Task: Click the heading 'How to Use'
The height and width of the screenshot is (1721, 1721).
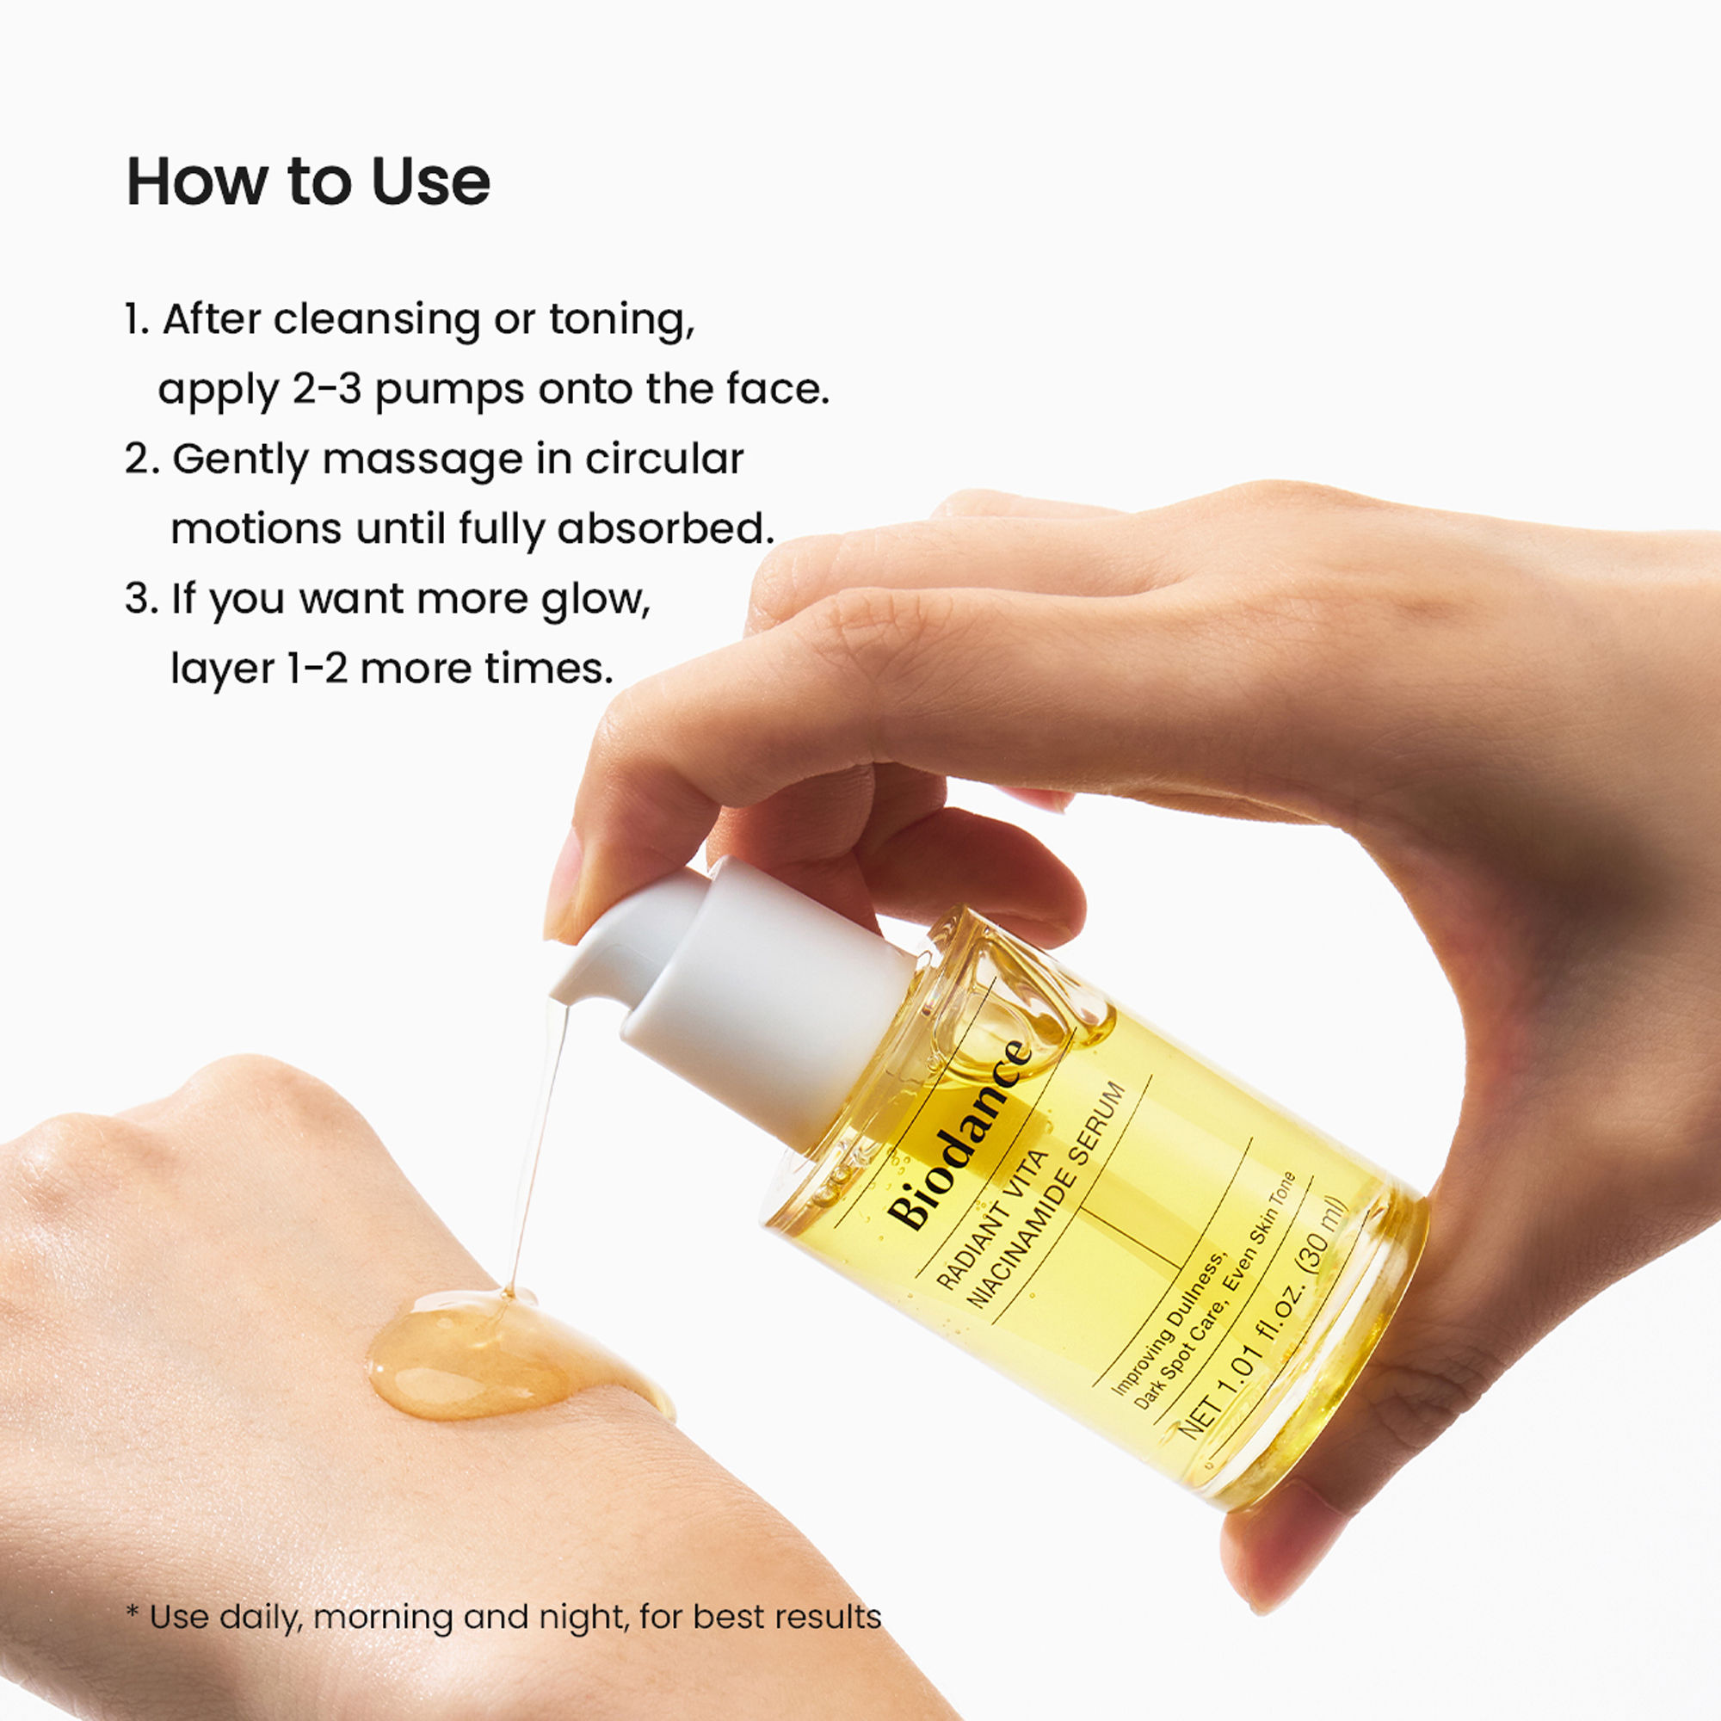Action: coord(308,182)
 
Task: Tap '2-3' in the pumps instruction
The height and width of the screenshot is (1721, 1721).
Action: coord(327,389)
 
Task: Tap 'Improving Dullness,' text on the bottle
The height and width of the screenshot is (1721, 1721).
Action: coord(1169,1320)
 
